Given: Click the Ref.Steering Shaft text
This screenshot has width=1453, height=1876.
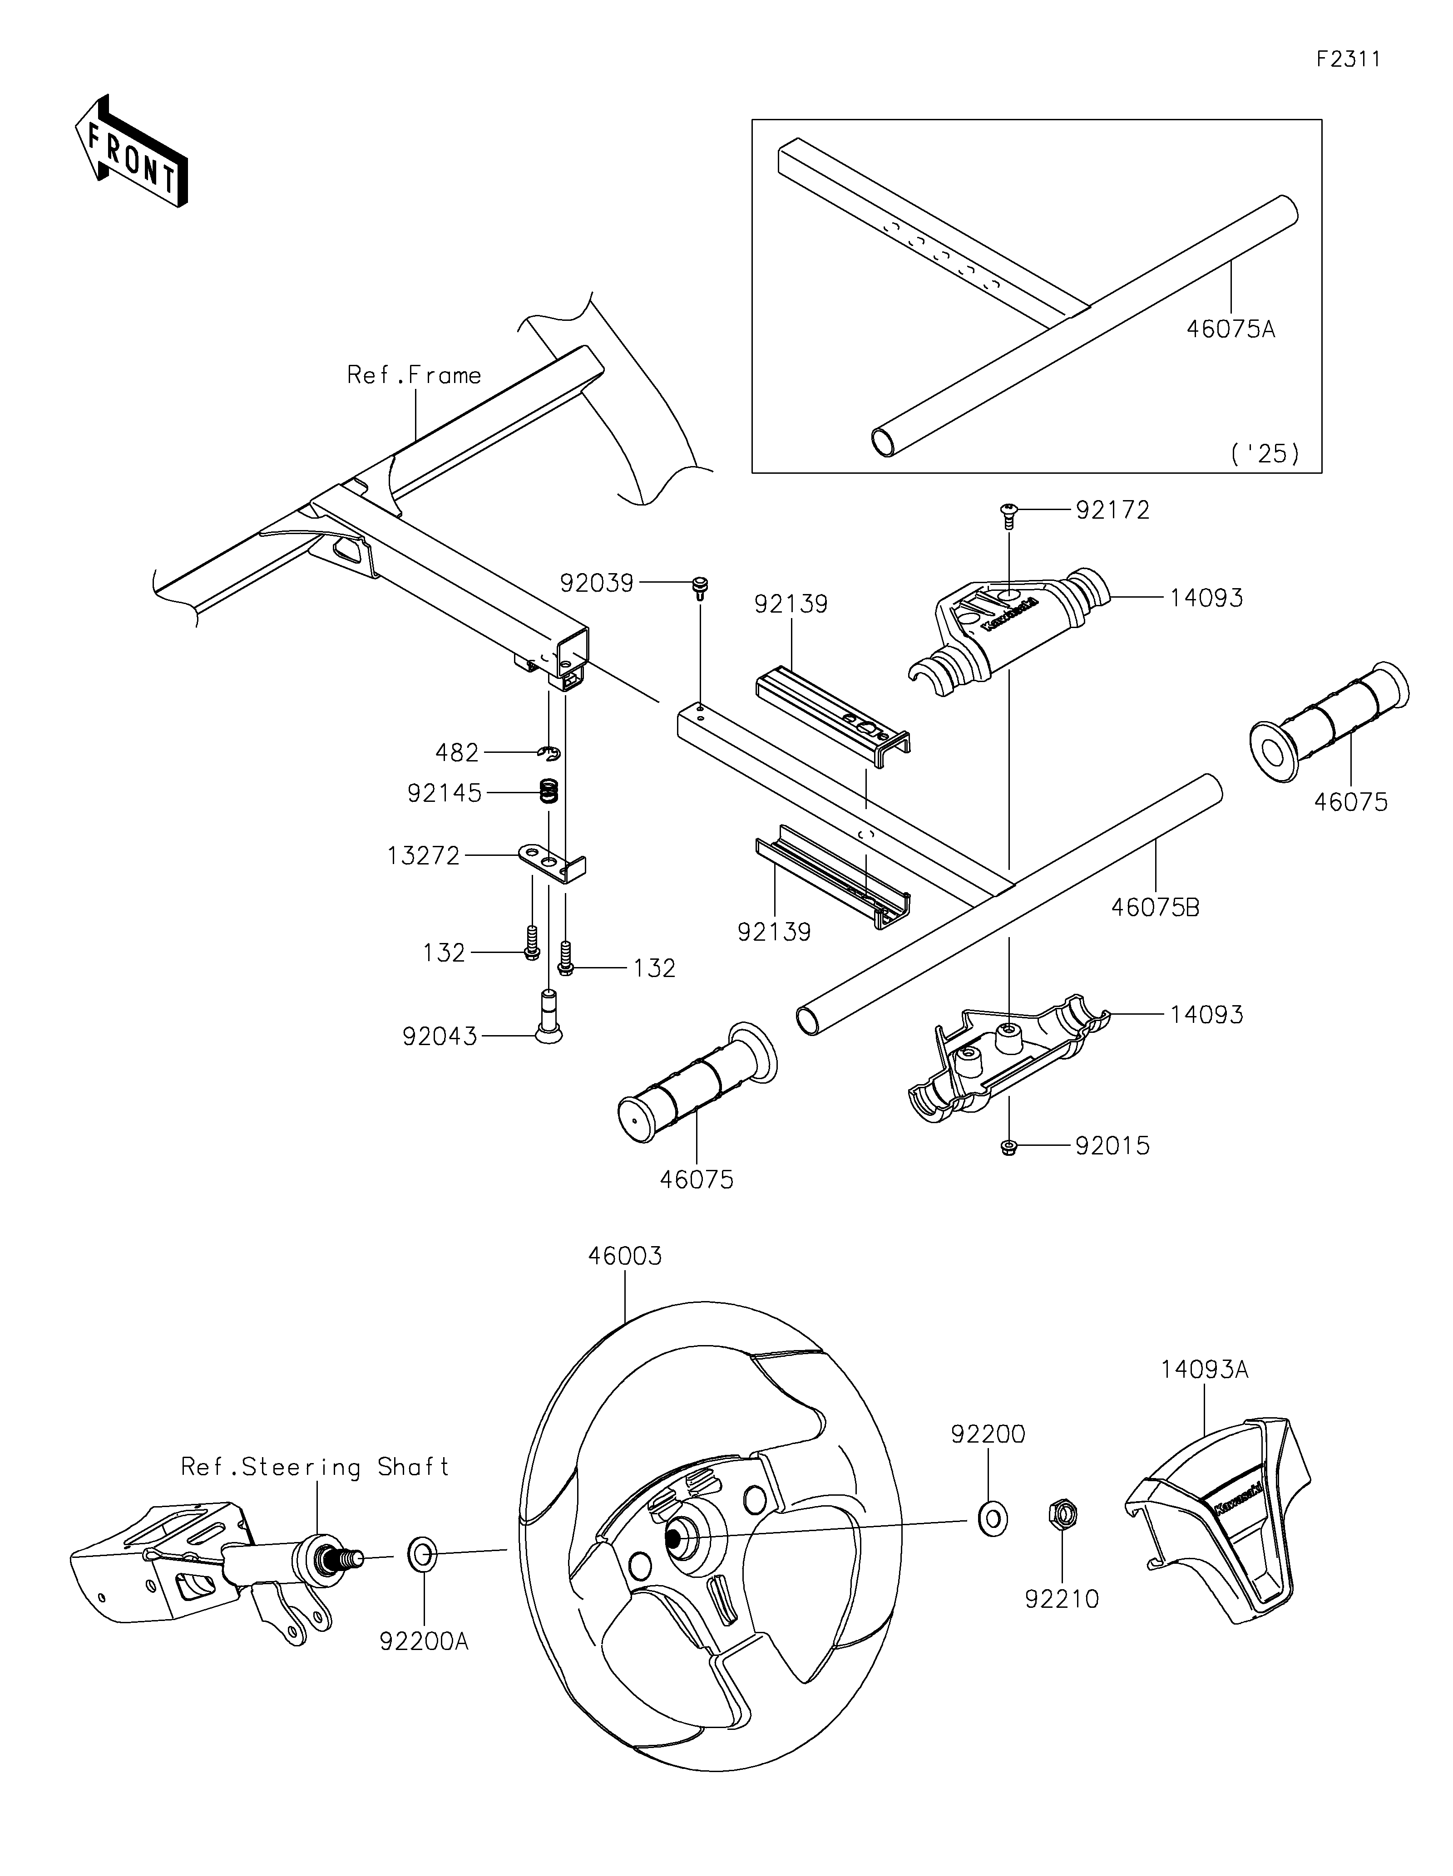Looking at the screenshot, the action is (316, 1466).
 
